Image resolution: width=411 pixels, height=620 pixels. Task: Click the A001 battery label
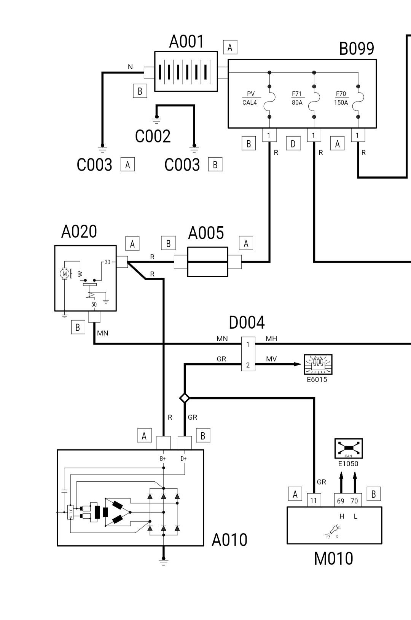[x=186, y=42]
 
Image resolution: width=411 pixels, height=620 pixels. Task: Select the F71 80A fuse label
[x=297, y=98]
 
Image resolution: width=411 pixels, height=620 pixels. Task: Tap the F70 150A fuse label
[x=341, y=98]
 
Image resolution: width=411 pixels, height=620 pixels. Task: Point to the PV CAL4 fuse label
[x=250, y=98]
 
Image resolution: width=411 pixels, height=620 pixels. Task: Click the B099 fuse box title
[x=356, y=49]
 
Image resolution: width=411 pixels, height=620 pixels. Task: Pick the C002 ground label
[x=153, y=136]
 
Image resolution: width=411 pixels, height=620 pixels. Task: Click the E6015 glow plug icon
[x=318, y=364]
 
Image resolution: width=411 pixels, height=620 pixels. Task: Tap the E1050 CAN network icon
[x=349, y=449]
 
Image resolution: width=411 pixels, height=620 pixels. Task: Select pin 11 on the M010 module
[x=314, y=501]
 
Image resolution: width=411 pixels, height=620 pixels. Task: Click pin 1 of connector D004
[x=248, y=345]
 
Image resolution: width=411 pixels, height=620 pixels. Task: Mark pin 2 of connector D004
[x=248, y=365]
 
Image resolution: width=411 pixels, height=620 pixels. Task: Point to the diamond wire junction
[x=185, y=398]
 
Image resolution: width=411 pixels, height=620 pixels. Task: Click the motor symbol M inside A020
[x=65, y=273]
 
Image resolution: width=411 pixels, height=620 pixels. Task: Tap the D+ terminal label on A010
[x=184, y=459]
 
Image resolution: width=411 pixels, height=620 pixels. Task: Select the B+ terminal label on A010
[x=163, y=459]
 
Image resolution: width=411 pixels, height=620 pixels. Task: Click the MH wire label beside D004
[x=271, y=339]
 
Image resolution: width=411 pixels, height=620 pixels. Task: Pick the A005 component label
[x=206, y=233]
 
